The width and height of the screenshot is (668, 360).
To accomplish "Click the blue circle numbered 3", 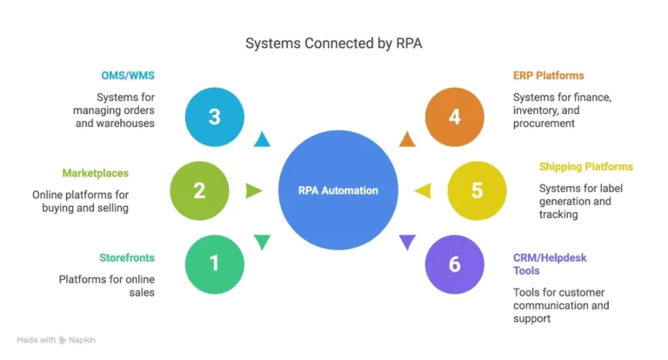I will tap(214, 117).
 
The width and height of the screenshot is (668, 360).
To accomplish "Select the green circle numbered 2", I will tap(199, 190).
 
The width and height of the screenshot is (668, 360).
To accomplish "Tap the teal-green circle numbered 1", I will tap(214, 263).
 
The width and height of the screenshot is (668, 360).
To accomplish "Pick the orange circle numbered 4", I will tap(454, 117).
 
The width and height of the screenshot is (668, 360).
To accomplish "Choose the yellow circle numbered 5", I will tap(477, 190).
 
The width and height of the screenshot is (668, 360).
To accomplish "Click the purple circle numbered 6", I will tap(454, 263).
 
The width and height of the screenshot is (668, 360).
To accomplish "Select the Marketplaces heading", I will tap(95, 173).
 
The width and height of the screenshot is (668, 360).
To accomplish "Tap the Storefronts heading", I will tap(128, 257).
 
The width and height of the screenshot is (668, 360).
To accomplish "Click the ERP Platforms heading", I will tap(548, 77).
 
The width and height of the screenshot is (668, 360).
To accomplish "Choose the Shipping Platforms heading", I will tap(585, 166).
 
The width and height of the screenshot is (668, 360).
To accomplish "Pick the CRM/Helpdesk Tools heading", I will tap(550, 263).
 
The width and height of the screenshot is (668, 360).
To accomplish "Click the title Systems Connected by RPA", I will tap(334, 43).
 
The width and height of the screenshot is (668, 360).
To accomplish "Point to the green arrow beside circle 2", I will tap(253, 190).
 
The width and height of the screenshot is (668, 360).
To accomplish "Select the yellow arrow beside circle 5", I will tap(421, 190).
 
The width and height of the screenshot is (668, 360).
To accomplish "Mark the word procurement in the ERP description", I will tap(544, 123).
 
